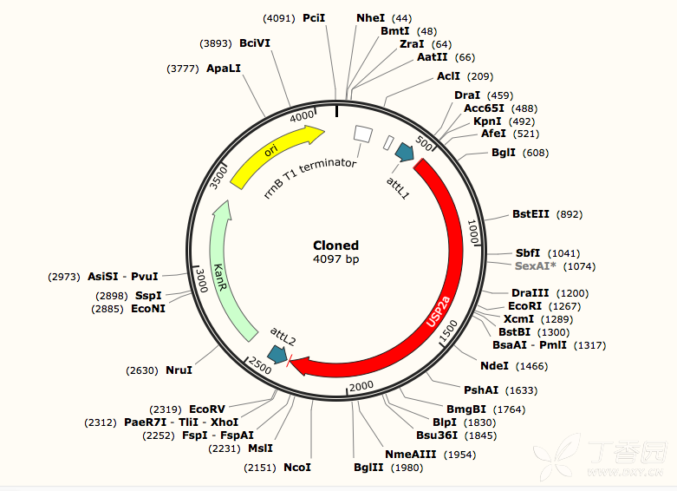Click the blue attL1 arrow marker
point(405,152)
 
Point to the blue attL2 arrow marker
point(277,355)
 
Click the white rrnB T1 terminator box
point(362,134)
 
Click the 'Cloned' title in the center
point(336,245)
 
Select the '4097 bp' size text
point(336,259)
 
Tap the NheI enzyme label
point(370,18)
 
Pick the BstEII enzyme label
point(531,214)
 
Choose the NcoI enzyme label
point(297,468)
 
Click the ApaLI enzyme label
point(224,69)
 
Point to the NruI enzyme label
point(179,370)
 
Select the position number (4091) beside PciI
point(279,18)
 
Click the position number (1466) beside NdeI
point(532,367)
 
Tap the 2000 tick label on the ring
point(361,386)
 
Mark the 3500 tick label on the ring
point(218,177)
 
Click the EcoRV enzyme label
point(207,409)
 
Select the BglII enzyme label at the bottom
point(368,468)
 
